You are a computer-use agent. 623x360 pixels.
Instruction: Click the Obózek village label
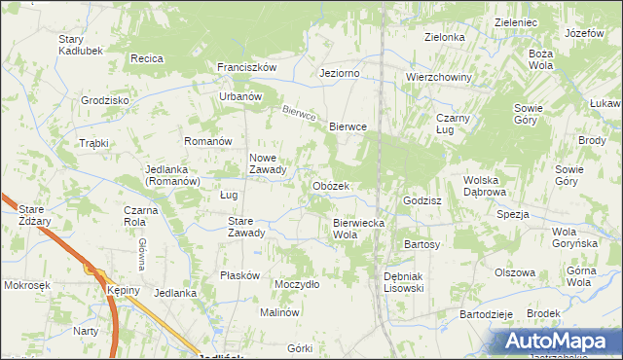[x=330, y=186]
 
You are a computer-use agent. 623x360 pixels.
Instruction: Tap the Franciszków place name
[x=247, y=67]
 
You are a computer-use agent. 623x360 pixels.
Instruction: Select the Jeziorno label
[x=340, y=73]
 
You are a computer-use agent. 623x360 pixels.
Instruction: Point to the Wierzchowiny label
[x=439, y=77]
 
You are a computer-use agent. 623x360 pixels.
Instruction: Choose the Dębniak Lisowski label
[x=402, y=282]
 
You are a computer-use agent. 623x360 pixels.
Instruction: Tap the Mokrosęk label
[x=27, y=286]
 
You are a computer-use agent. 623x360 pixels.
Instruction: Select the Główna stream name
[x=141, y=253]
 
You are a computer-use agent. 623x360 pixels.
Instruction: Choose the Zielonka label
[x=444, y=37]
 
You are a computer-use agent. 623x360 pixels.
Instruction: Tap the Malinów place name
[x=278, y=312]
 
